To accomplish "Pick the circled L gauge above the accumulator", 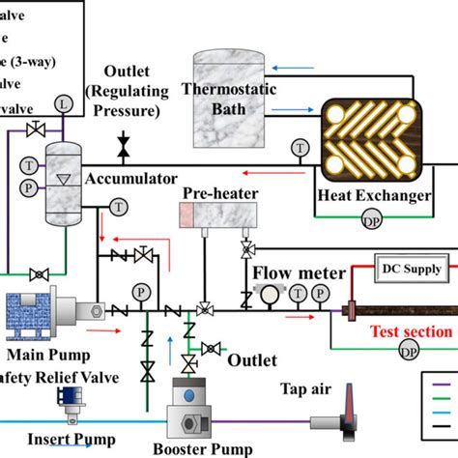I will pos(65,102).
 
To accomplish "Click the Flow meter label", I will pos(300,272).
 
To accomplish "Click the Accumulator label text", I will pos(130,179).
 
